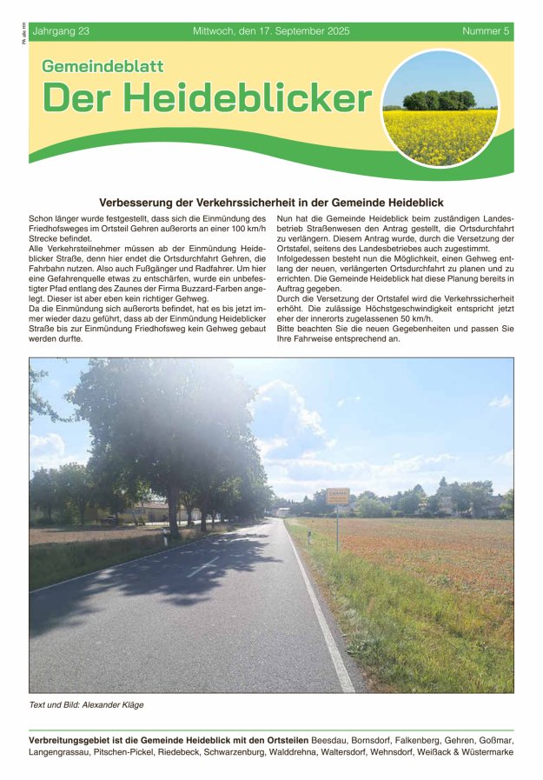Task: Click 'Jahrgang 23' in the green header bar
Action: (60, 31)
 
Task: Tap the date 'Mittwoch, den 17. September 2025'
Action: (271, 31)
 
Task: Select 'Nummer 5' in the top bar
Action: (486, 31)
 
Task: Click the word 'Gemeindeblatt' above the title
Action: (103, 66)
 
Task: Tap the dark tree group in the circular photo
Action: (440, 99)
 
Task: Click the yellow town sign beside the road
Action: (337, 497)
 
